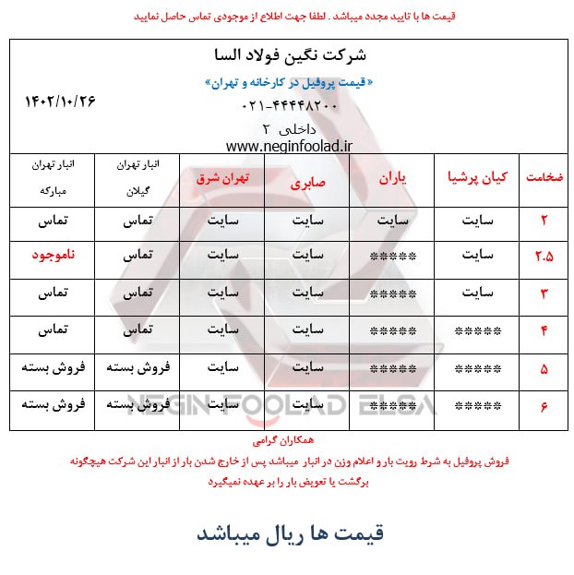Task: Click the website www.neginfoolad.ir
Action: tap(289, 146)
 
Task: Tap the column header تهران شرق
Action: tap(222, 177)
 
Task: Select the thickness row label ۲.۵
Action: tap(544, 256)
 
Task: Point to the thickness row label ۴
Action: tap(544, 330)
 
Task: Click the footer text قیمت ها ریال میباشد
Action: tap(289, 533)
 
